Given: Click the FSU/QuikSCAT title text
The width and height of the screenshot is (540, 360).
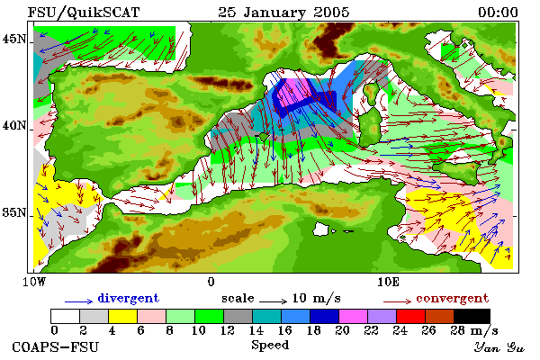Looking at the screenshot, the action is (84, 13).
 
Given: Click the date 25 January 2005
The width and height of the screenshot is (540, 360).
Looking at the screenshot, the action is (283, 13).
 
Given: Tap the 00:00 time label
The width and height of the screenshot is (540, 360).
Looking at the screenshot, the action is (498, 13).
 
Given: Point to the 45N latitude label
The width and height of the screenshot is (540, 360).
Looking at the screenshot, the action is (14, 39).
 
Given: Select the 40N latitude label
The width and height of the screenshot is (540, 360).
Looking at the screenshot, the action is (14, 126).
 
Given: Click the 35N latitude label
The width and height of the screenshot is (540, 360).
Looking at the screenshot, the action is (14, 212).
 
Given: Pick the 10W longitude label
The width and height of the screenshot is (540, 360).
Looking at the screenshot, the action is (34, 282).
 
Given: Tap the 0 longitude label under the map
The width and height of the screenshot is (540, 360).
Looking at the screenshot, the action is (211, 282).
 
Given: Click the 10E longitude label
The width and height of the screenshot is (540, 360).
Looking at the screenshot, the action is (388, 282).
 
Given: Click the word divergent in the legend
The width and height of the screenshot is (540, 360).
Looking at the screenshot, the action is (129, 298).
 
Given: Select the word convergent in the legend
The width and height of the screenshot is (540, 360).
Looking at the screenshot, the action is (453, 298).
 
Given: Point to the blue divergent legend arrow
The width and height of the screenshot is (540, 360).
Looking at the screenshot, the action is (79, 301).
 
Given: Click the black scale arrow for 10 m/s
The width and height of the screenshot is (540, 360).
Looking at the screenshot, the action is (273, 301).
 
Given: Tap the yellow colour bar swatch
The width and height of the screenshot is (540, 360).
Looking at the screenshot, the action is (123, 316).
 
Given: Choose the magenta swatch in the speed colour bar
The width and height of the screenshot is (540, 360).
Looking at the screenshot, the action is (354, 316).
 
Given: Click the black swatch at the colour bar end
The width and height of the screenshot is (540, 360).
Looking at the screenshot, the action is (472, 316).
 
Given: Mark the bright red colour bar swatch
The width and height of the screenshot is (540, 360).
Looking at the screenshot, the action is (411, 316).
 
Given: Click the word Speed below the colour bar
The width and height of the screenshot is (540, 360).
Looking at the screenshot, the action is (270, 346).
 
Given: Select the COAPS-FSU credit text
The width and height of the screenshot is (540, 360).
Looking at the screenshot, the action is (56, 346).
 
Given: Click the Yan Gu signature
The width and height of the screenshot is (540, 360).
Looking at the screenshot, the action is (499, 347).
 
